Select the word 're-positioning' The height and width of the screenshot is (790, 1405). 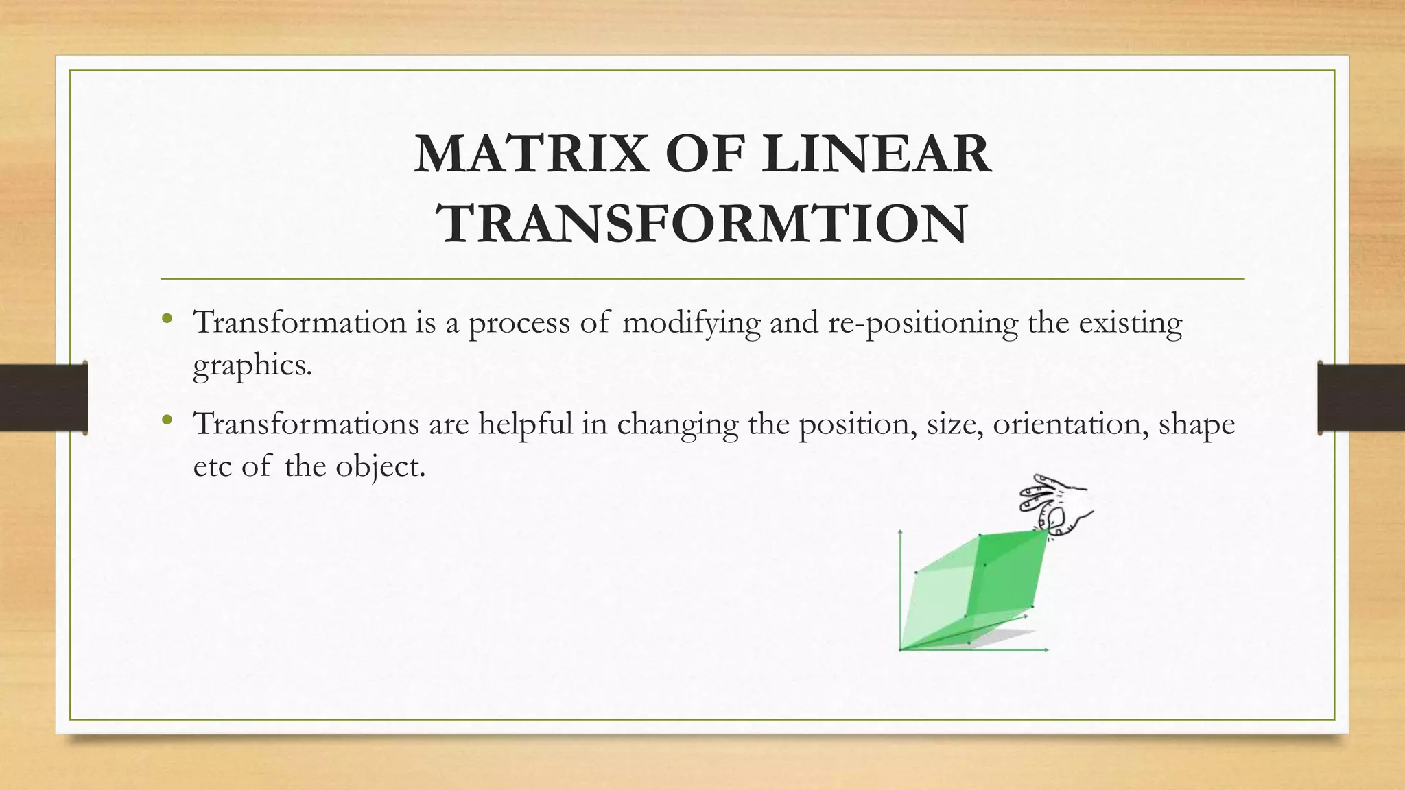923,323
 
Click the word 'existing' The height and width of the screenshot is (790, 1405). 1130,323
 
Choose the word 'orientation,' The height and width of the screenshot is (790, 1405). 1070,424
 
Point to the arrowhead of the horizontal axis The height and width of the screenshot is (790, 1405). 1046,649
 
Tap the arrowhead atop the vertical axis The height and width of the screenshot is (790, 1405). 900,532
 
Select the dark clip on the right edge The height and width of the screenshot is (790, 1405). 1361,398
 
